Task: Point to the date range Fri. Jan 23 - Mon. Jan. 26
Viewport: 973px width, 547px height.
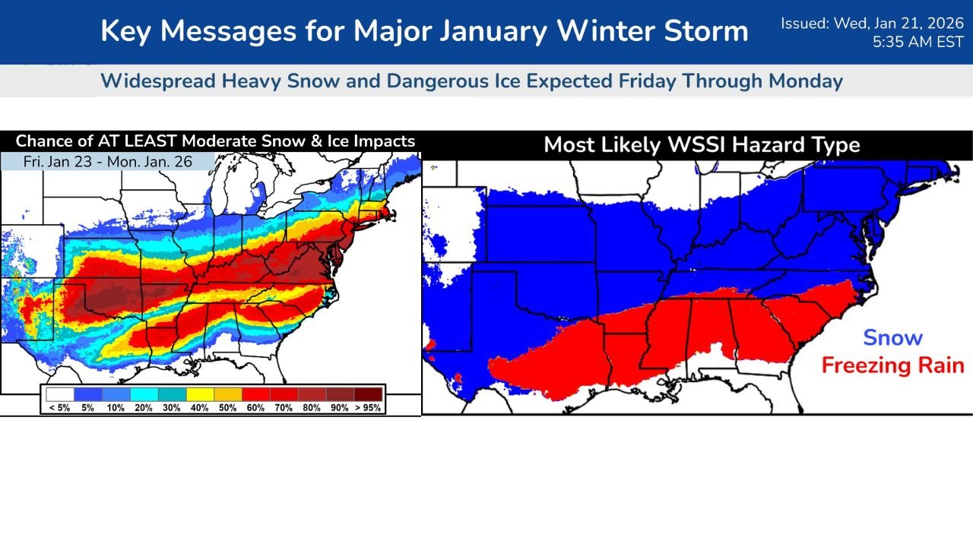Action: coord(108,162)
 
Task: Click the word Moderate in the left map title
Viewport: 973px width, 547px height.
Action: coord(214,141)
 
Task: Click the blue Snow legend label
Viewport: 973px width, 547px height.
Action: coord(892,338)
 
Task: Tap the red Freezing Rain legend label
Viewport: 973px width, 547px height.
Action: coord(892,365)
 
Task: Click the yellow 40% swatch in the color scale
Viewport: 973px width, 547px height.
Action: coord(200,394)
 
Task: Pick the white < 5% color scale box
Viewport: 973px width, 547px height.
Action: coord(59,394)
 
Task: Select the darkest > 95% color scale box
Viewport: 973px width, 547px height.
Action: coord(368,394)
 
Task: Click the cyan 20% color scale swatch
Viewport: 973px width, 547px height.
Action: coord(144,394)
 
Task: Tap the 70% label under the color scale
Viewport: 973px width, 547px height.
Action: coord(284,408)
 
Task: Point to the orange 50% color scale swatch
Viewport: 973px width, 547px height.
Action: coord(228,394)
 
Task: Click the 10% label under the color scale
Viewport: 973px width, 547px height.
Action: coord(116,408)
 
